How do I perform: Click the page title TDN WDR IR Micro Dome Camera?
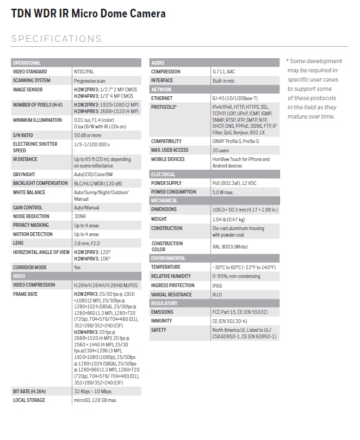click(89, 14)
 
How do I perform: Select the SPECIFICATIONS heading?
click(56, 39)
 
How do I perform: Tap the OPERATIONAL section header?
click(27, 63)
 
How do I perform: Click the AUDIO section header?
click(158, 63)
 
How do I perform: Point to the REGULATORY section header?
click(164, 303)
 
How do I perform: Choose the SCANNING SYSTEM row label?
click(32, 80)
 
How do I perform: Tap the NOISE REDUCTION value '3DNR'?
click(80, 216)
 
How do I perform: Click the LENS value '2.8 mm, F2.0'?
click(89, 243)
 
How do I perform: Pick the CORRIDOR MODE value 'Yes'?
click(77, 268)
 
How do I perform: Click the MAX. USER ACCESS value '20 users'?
click(221, 150)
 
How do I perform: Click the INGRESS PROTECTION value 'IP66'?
click(218, 286)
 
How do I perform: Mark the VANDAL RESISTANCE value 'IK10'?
click(217, 295)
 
